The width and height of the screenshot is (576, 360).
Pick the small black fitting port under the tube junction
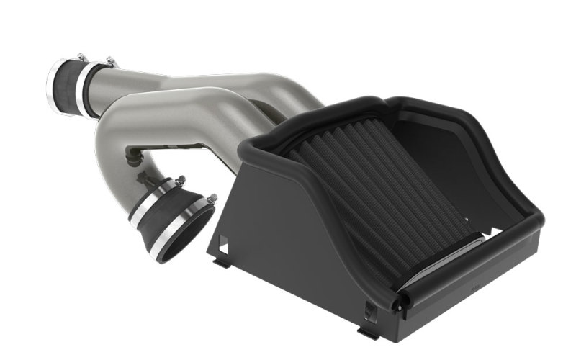click(x=132, y=153)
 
